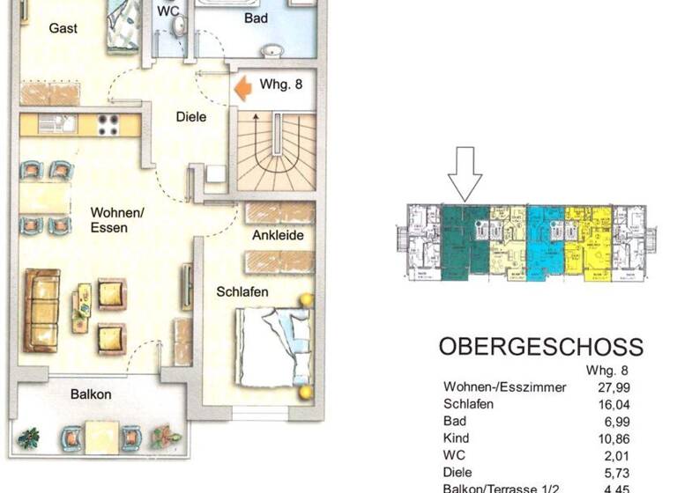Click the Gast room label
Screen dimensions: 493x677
63,28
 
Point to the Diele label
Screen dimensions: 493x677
191,116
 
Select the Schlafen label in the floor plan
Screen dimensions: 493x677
242,291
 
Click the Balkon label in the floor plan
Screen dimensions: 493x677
91,394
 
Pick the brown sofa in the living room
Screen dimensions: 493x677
42,308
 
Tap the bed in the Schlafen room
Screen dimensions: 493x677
272,345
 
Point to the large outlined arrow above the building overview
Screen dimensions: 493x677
465,173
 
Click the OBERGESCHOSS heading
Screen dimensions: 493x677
540,347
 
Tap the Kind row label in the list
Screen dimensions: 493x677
456,438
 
